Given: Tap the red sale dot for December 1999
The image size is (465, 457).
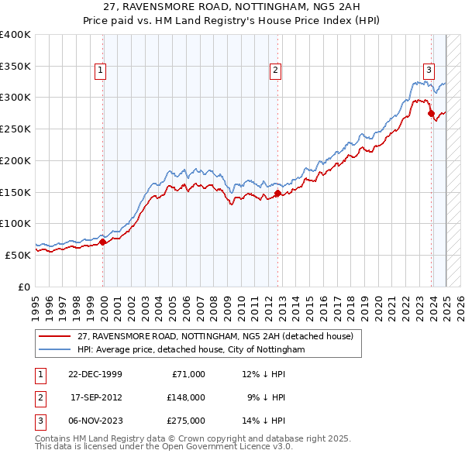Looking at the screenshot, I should [103, 242].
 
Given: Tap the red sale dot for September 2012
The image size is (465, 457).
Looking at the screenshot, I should [277, 193].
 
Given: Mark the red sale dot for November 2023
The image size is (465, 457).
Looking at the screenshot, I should [431, 113].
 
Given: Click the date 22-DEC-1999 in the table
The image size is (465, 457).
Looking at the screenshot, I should [95, 374].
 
